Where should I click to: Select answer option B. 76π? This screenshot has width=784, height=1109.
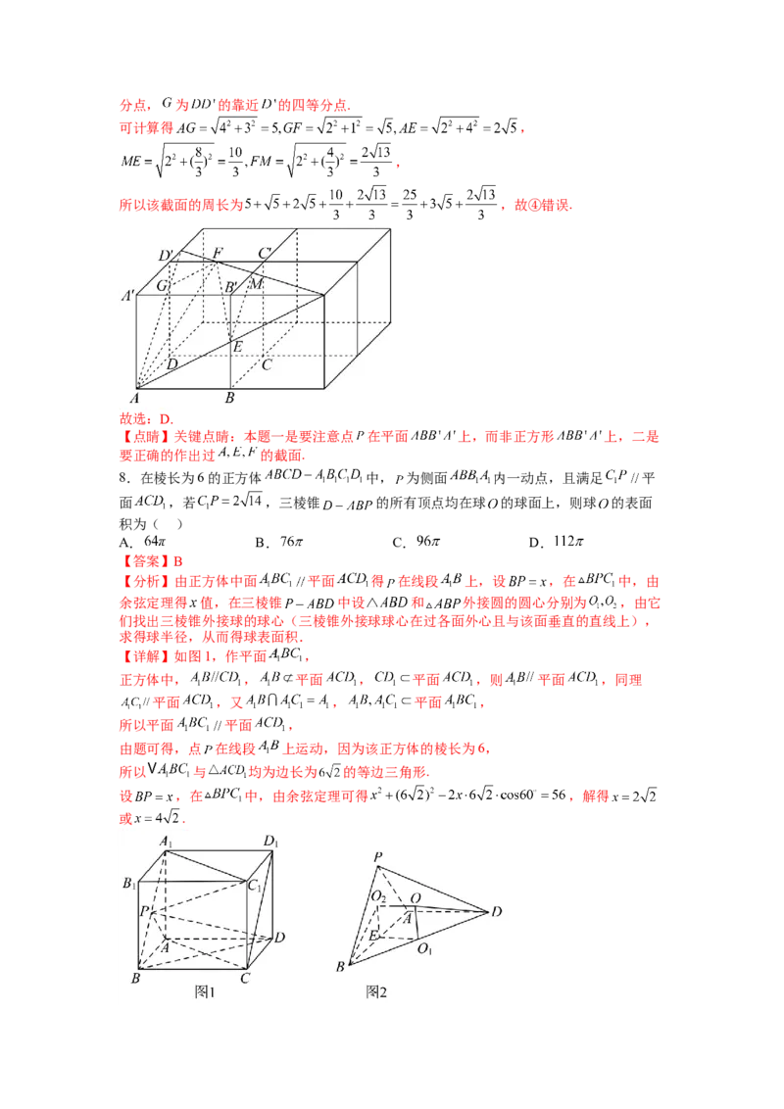(x=278, y=542)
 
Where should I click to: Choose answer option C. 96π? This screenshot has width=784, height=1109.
(x=416, y=542)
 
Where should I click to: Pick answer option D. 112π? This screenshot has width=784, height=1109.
(x=557, y=542)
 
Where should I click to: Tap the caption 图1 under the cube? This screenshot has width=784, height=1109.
(x=205, y=992)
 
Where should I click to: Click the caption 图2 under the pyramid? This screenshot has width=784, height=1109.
(x=376, y=992)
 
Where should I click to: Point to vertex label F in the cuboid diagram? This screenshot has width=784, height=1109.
(x=218, y=253)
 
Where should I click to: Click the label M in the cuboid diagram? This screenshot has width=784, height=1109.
(x=256, y=283)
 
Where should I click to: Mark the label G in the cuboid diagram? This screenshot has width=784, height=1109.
(x=162, y=286)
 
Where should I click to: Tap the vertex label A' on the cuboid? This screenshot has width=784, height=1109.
(x=128, y=296)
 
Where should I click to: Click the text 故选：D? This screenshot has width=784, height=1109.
(x=146, y=418)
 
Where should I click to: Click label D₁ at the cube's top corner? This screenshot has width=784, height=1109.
(x=271, y=842)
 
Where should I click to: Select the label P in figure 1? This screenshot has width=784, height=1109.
(x=144, y=911)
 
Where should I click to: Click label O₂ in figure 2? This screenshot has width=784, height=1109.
(x=378, y=897)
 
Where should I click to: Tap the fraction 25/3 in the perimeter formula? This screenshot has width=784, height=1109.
(x=410, y=204)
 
